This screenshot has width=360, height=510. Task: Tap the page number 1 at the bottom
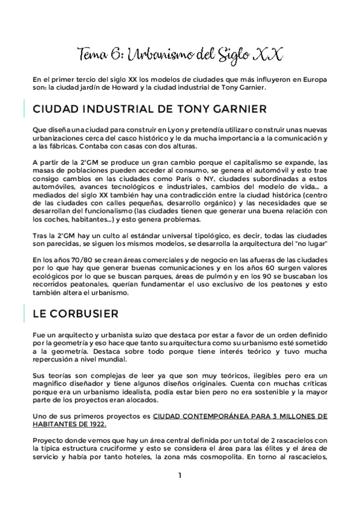pyautogui.click(x=180, y=476)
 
